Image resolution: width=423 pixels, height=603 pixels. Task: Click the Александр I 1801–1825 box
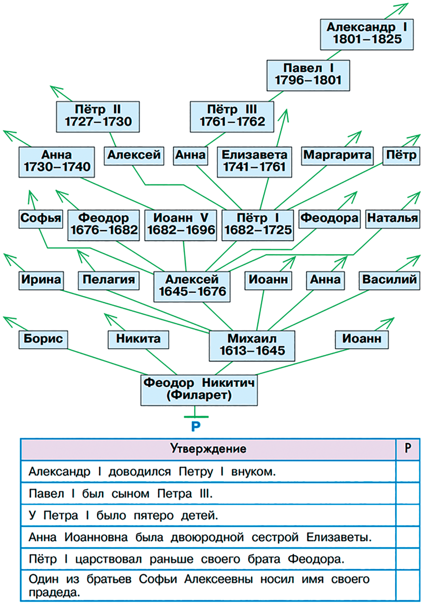click(367, 34)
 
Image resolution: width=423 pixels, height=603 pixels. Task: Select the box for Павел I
click(308, 75)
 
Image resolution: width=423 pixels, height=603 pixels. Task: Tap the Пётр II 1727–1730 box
click(98, 117)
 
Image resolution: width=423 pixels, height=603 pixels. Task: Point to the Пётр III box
click(232, 117)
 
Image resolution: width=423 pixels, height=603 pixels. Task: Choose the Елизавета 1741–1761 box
click(254, 162)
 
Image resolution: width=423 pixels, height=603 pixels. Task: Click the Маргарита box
click(337, 156)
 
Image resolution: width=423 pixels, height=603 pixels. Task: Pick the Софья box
click(41, 219)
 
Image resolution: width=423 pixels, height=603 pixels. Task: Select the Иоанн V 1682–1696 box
click(181, 225)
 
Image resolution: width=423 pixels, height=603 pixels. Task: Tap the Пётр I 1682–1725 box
click(258, 225)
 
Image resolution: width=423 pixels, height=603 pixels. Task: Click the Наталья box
click(393, 219)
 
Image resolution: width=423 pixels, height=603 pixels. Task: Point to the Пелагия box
click(109, 280)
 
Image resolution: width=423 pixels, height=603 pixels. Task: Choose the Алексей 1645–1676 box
click(192, 286)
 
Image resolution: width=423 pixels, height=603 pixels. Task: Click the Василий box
click(389, 280)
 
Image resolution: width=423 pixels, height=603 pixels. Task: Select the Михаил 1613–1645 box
click(252, 345)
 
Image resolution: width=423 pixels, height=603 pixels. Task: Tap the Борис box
click(43, 339)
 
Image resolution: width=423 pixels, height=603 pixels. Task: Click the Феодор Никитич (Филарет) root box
click(199, 390)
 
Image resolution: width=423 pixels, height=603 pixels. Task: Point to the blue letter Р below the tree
click(196, 427)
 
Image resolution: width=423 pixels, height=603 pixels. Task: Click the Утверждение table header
click(208, 449)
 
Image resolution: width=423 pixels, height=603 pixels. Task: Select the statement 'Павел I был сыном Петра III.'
click(121, 494)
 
